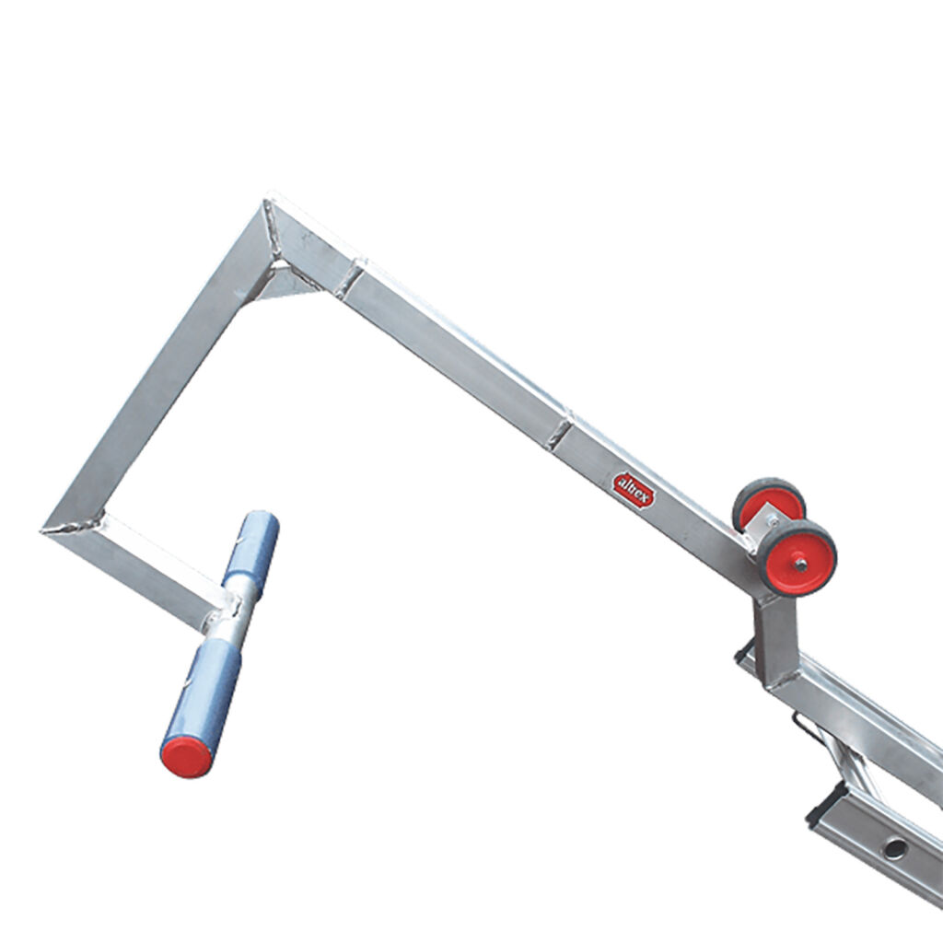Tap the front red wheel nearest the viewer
[797, 558]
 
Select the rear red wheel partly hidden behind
[768, 504]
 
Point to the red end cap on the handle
[186, 756]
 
